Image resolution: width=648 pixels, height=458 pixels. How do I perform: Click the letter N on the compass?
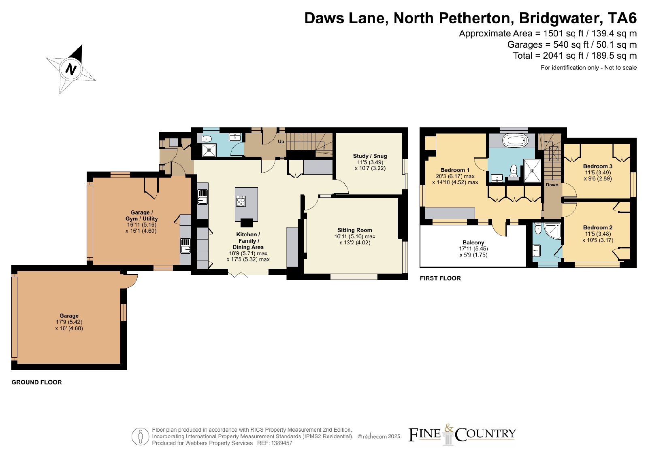(x=71, y=70)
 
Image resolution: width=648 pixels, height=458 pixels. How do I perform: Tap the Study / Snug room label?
(x=370, y=156)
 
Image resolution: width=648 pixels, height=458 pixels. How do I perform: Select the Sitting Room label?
(x=354, y=230)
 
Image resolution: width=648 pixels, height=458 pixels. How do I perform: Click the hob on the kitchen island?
(x=241, y=201)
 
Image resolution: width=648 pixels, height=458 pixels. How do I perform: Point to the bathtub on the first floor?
(x=514, y=141)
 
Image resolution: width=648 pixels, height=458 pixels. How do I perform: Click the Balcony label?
(x=473, y=242)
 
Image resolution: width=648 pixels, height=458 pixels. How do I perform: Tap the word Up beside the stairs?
(x=281, y=142)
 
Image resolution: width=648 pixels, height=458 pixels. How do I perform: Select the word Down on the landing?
(x=552, y=184)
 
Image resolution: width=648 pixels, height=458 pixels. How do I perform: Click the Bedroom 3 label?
(x=598, y=166)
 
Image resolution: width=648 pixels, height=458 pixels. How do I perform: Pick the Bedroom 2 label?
(x=598, y=227)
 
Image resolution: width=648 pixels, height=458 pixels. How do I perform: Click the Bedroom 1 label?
(x=455, y=170)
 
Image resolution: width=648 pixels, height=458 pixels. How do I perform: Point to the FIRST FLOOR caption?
(x=440, y=278)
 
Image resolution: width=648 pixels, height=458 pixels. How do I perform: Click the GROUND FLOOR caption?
(x=37, y=382)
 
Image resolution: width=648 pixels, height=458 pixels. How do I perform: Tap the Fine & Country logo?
(x=462, y=434)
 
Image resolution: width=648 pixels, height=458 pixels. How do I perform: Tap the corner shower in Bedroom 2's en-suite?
(x=553, y=231)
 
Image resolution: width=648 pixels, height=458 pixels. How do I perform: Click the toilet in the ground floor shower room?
(x=207, y=139)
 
